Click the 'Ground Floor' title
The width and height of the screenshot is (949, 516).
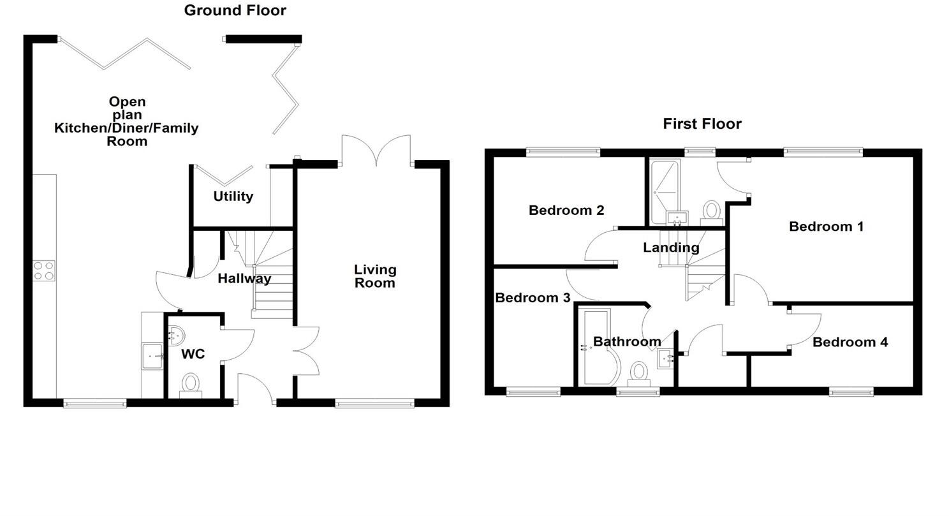click(235, 10)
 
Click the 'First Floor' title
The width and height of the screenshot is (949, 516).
click(702, 124)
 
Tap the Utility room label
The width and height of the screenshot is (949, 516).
click(233, 196)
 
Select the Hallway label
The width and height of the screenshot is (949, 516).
click(244, 279)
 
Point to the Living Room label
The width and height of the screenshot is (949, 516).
click(375, 276)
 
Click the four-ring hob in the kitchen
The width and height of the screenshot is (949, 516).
click(43, 270)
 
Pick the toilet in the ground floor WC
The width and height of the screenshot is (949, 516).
click(190, 385)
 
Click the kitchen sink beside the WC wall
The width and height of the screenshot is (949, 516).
click(152, 356)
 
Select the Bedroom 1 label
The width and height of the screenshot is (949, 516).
click(826, 226)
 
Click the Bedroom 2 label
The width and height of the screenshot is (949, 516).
click(566, 210)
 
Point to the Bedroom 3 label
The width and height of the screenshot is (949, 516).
click(533, 298)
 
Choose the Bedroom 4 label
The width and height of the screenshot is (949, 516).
click(850, 343)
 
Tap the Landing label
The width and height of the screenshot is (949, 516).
click(671, 247)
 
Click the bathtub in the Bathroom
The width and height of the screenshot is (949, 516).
click(596, 348)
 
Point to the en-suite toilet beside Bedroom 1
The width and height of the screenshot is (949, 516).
click(711, 211)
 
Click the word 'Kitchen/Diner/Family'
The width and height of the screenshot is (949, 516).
click(126, 128)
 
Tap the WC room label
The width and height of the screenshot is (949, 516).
click(193, 354)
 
